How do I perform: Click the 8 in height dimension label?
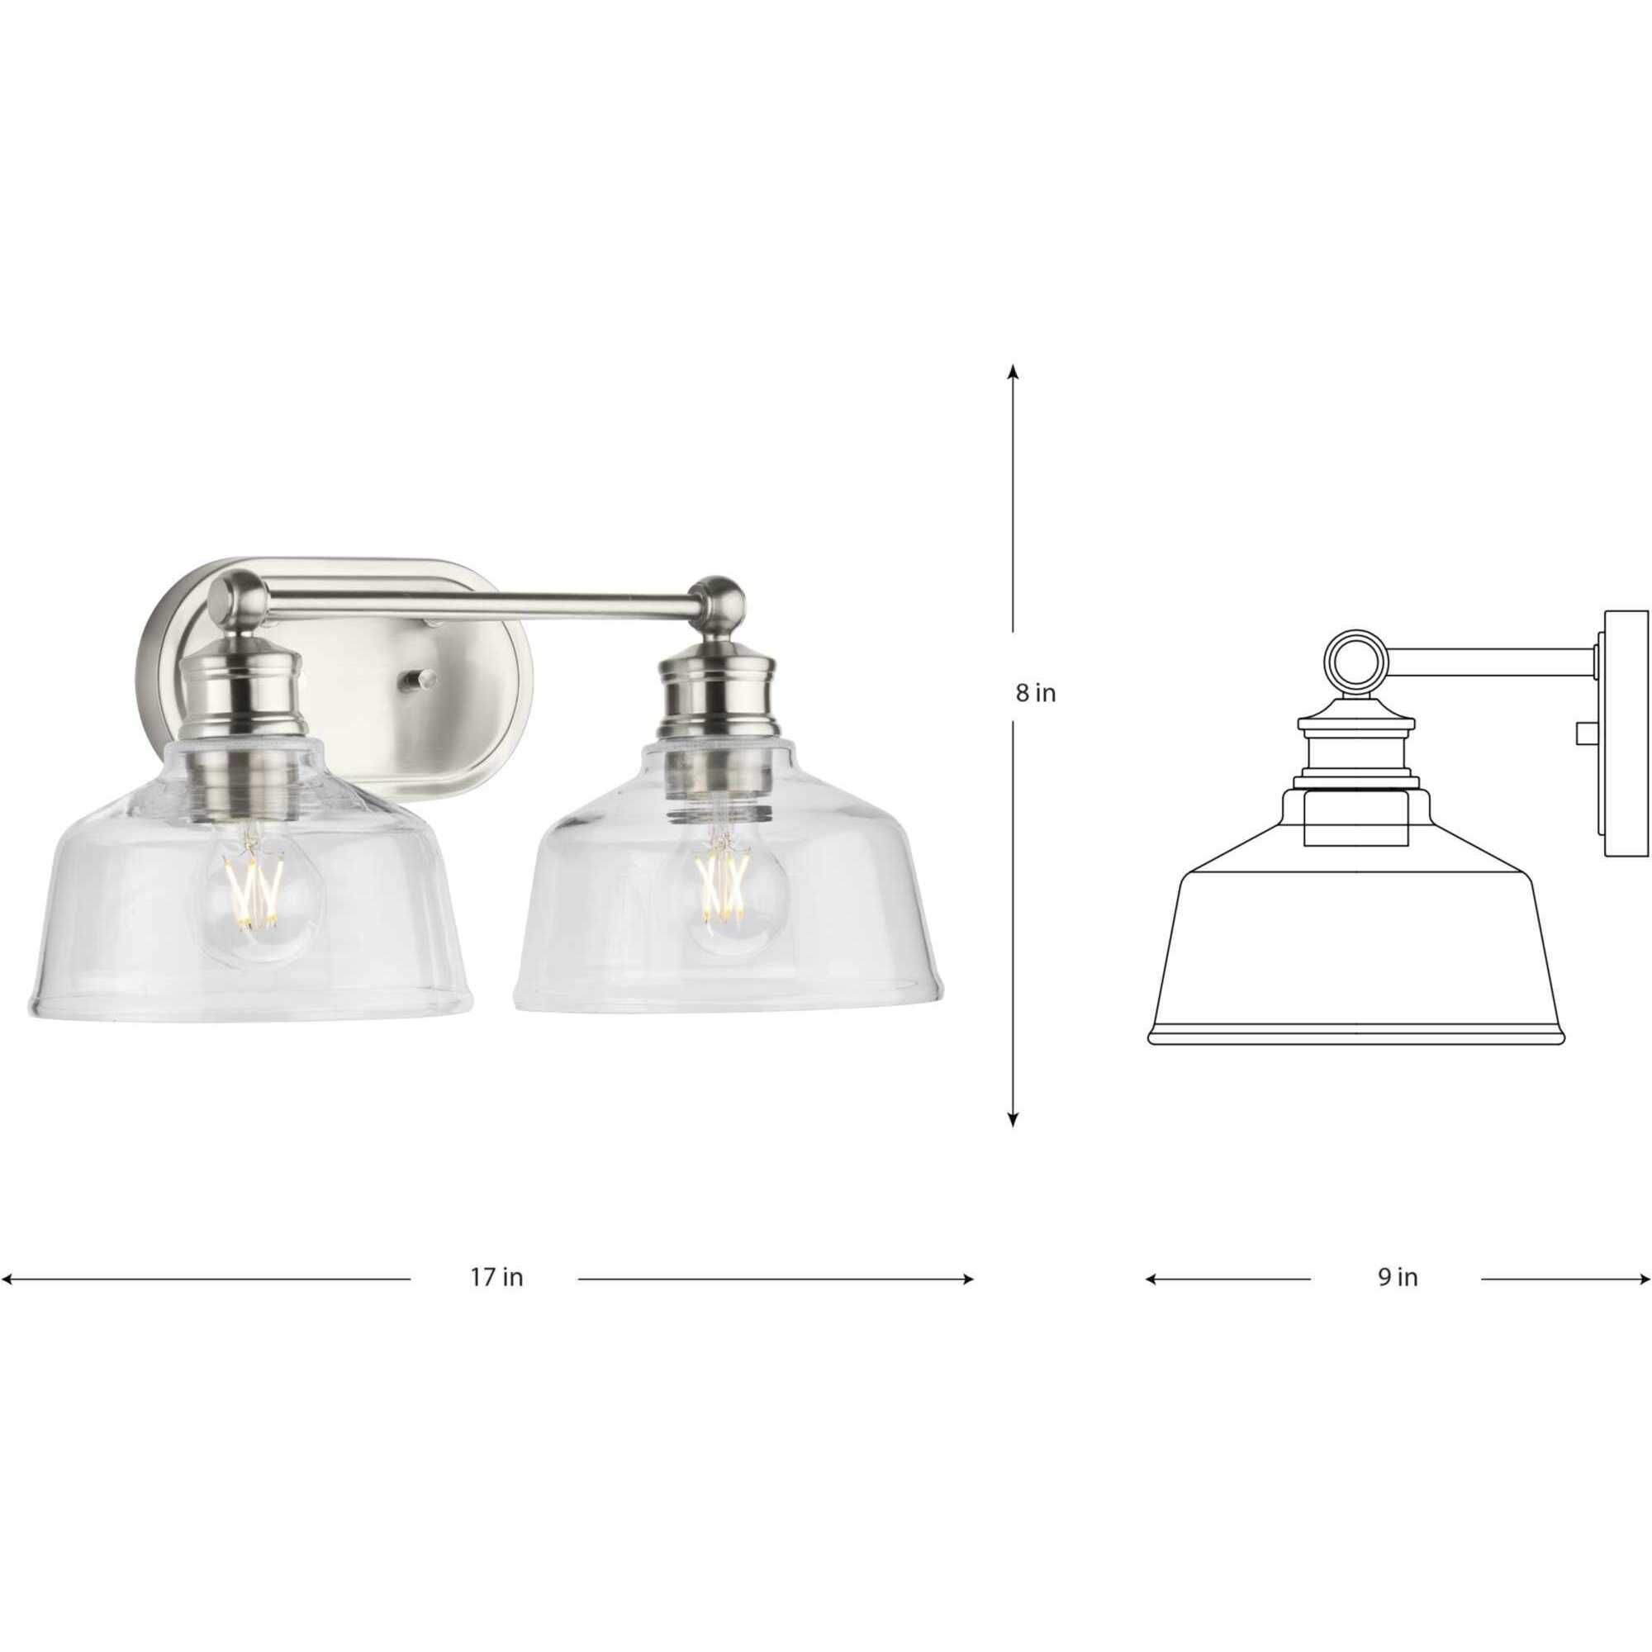[1036, 694]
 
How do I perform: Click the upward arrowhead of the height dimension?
[1014, 371]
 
